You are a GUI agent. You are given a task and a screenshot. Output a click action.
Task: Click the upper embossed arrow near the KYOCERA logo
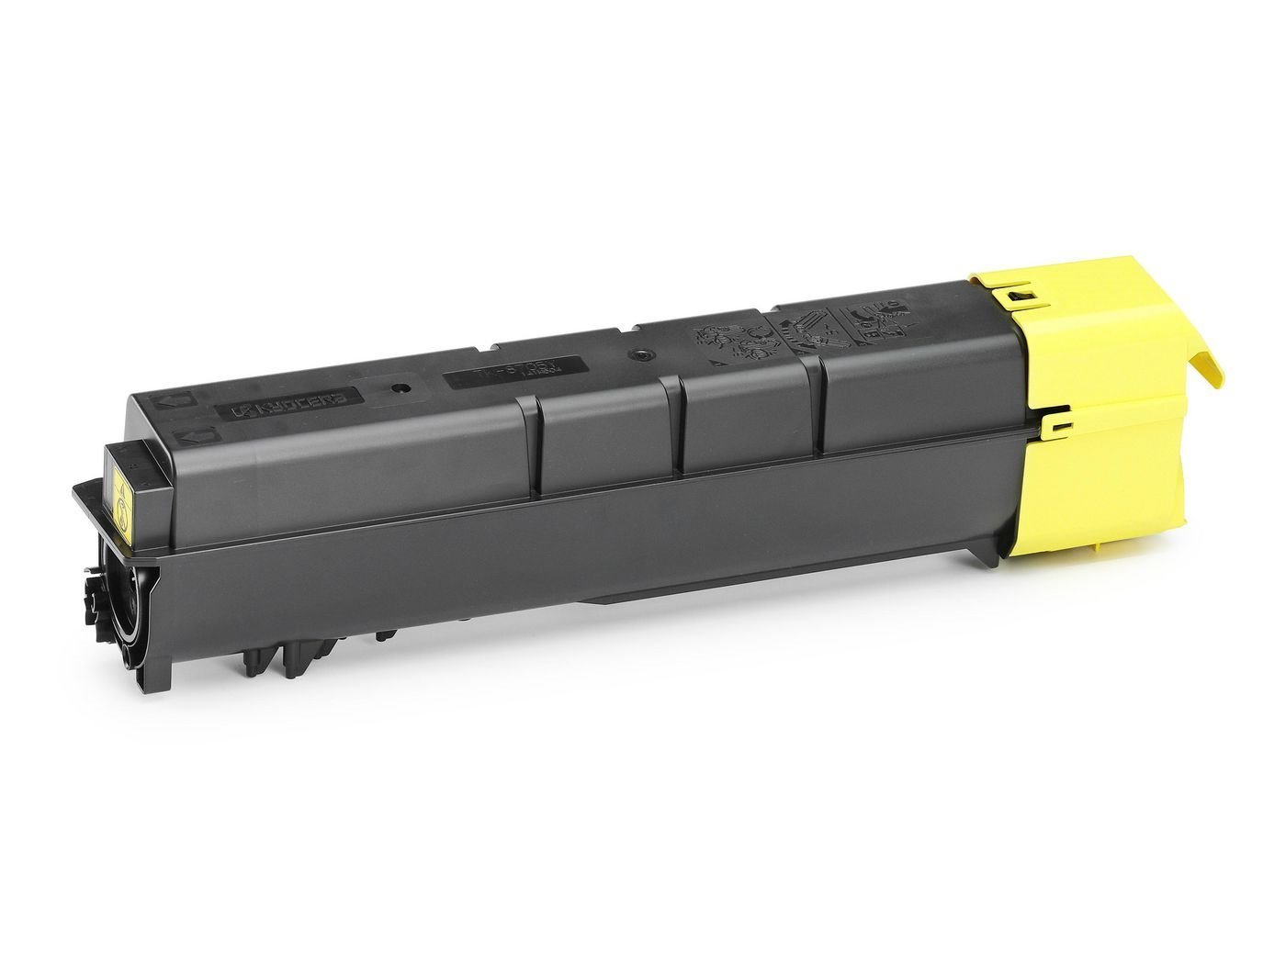tap(178, 400)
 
